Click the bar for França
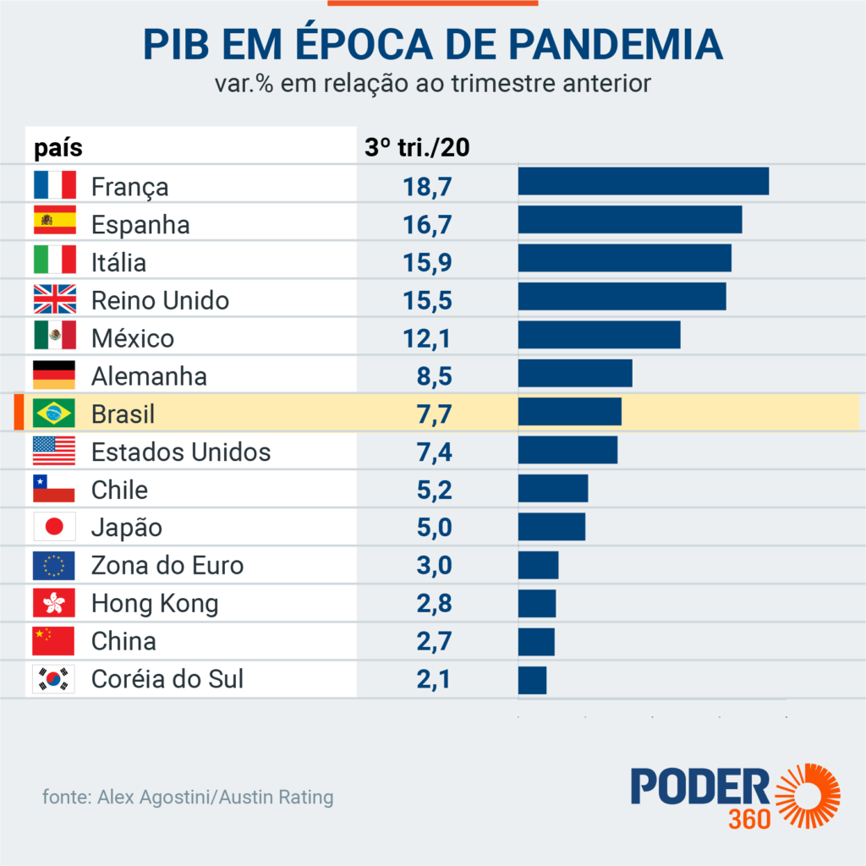[x=643, y=182]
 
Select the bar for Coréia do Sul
[x=532, y=680]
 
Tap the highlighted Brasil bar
[x=569, y=411]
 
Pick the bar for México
[x=599, y=335]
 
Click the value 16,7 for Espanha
[x=427, y=225]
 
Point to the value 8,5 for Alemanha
[x=434, y=376]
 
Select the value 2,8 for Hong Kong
[x=434, y=604]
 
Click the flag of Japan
[x=54, y=528]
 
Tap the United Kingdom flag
[x=54, y=300]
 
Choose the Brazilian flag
[x=54, y=414]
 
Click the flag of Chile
[x=54, y=490]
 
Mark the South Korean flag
[x=54, y=679]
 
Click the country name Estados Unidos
[x=181, y=452]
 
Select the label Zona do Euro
[x=167, y=566]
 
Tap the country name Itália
[x=118, y=262]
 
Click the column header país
[x=58, y=148]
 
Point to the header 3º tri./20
[x=417, y=147]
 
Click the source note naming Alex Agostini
[x=188, y=797]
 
